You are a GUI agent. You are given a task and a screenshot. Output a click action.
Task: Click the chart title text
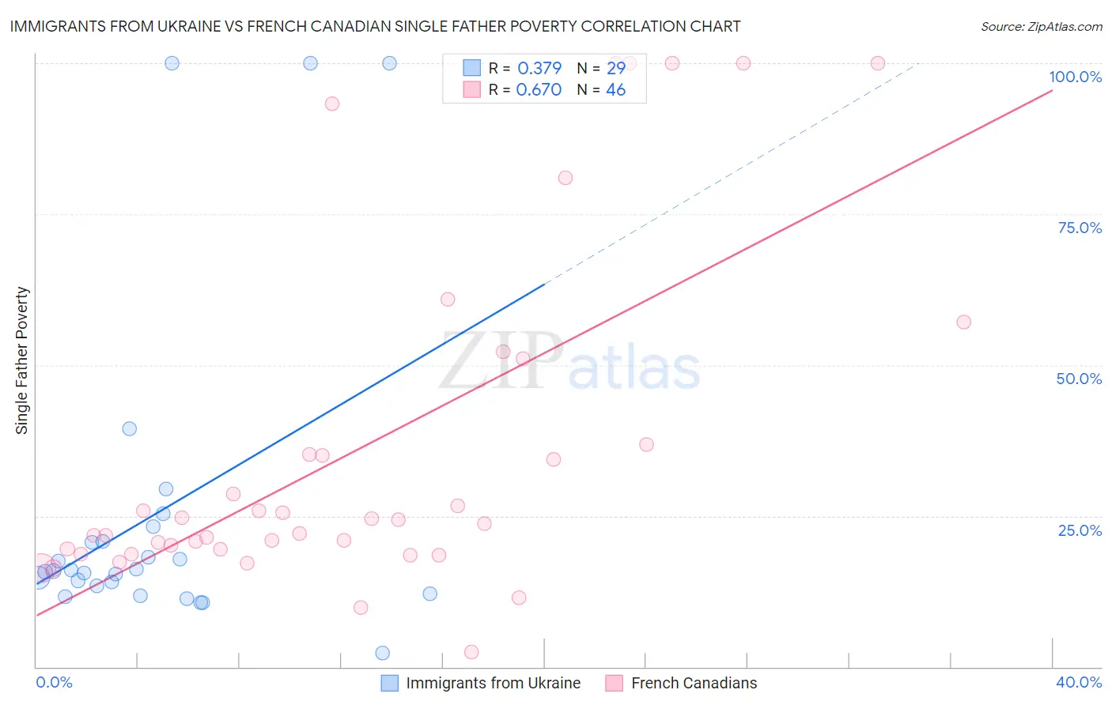click(375, 26)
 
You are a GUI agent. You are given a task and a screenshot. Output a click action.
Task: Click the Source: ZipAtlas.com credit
click(1041, 26)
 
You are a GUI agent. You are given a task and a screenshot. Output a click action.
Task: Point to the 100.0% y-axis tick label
click(1075, 77)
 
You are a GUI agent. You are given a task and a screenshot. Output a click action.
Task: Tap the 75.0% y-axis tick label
click(1080, 228)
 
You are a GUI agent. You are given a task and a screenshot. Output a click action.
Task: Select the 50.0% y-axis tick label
click(1079, 379)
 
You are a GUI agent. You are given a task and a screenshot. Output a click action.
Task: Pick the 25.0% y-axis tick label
click(1080, 530)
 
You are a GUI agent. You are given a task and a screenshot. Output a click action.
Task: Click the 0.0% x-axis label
click(54, 682)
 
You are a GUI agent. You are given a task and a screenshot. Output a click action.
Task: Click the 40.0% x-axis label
click(1078, 682)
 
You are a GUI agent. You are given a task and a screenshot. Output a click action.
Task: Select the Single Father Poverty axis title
click(22, 360)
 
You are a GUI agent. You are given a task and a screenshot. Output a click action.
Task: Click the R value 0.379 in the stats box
click(539, 68)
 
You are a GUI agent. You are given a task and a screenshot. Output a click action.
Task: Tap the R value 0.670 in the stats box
click(539, 90)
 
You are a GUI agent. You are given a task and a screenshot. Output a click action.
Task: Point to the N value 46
click(615, 90)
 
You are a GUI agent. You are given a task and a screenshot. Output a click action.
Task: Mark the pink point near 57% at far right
click(963, 322)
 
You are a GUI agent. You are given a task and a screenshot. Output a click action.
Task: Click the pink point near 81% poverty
click(565, 178)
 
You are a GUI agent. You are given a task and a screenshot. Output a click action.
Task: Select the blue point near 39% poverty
click(129, 428)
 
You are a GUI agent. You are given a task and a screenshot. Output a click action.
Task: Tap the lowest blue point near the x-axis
click(382, 653)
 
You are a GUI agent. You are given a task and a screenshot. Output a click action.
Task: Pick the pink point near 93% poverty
click(332, 104)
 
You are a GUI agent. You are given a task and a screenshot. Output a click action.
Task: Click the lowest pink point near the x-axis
click(471, 652)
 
